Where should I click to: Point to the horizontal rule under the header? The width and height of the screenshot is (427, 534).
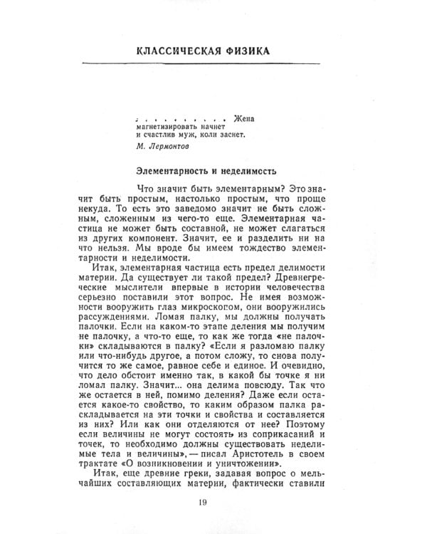point(213,64)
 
